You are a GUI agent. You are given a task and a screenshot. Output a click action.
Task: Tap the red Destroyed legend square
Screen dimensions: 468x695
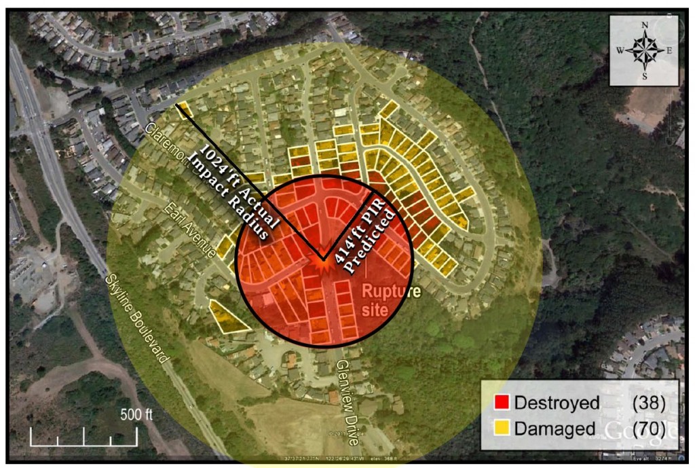(x=502, y=403)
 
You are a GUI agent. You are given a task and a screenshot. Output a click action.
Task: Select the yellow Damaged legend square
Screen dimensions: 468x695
(x=502, y=428)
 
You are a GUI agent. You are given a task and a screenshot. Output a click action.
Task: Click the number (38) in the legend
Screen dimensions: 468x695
(x=648, y=403)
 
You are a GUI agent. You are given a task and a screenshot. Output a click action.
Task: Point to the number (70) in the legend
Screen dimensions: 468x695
(x=648, y=429)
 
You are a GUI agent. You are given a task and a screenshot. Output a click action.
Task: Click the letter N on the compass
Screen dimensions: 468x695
(x=644, y=25)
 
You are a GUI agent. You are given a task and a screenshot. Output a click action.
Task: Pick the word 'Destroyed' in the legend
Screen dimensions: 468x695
(x=557, y=403)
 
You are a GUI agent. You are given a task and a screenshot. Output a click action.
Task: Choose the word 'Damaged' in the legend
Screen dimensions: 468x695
(x=554, y=429)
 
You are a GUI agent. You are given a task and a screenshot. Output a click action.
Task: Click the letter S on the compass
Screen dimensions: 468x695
(x=644, y=76)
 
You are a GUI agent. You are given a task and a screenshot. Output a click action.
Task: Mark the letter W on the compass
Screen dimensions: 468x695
(x=620, y=51)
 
